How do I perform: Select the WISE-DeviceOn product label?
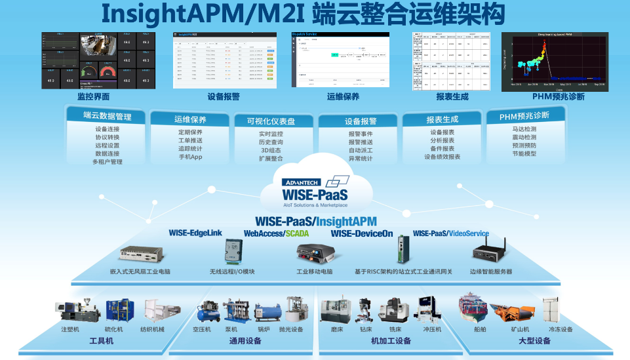point(362,233)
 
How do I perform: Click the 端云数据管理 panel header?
point(108,116)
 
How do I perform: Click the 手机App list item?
point(191,157)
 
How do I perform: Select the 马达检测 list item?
point(524,129)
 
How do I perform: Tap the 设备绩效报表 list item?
point(443,157)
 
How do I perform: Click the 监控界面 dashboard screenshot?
point(99,60)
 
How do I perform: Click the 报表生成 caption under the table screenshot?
point(452,96)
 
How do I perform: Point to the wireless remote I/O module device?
point(233,252)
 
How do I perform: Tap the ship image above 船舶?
point(475,308)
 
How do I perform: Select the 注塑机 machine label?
point(70,329)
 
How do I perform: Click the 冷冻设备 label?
point(561,329)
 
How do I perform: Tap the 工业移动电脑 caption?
point(315,271)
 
